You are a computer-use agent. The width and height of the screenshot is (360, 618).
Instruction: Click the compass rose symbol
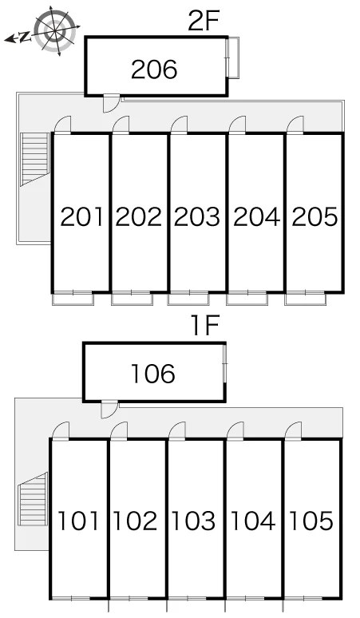coord(55,31)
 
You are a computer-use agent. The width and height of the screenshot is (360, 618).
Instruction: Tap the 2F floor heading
coord(203,22)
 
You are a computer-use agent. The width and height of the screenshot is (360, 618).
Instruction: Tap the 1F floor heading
coord(205,327)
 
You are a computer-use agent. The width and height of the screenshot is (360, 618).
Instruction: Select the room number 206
coord(154,69)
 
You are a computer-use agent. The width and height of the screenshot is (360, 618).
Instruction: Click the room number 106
coord(152,374)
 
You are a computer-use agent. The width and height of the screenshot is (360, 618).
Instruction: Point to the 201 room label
coord(82,216)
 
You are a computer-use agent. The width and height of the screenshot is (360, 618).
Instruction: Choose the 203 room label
coord(197,216)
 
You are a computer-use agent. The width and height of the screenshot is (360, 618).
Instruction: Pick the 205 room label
coord(315,216)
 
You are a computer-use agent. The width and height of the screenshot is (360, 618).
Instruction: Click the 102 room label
coord(135,521)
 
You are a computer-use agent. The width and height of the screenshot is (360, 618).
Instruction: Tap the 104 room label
coord(253,521)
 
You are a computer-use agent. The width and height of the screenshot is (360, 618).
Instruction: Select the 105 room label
coord(311,521)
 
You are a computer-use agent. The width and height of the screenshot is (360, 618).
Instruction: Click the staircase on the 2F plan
coord(35,158)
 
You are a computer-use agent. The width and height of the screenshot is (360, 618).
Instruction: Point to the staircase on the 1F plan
coord(33,498)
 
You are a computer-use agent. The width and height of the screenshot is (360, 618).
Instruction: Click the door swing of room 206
coord(111,103)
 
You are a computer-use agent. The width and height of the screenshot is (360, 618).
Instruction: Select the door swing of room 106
coord(109,409)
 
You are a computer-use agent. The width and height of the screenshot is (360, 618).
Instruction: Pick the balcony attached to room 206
coord(234,58)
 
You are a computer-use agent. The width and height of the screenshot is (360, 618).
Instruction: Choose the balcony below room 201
coord(73,299)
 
